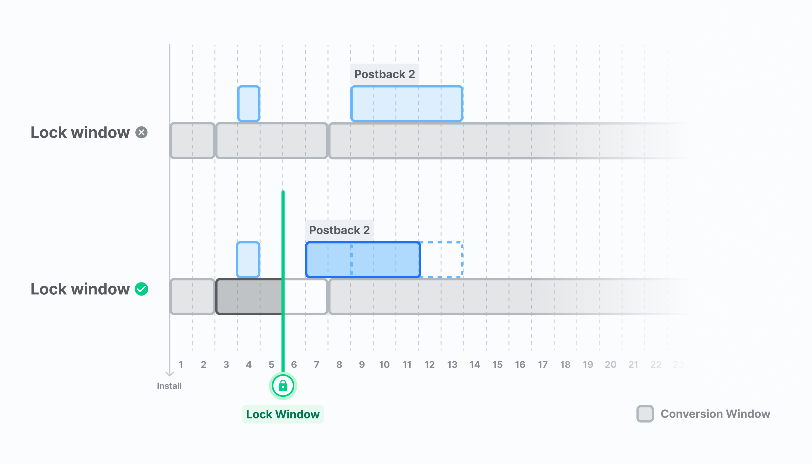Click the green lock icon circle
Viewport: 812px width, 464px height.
click(x=283, y=386)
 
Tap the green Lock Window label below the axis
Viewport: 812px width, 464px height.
click(x=283, y=414)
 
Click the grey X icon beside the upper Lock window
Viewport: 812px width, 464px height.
click(x=142, y=132)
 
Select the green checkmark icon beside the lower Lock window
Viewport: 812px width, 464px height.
click(x=142, y=289)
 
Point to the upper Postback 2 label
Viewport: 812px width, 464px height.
click(x=384, y=74)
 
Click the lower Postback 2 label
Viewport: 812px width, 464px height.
click(x=339, y=230)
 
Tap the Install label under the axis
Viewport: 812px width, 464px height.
click(x=169, y=386)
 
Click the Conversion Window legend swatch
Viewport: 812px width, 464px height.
click(x=645, y=414)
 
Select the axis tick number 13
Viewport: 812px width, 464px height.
click(x=452, y=365)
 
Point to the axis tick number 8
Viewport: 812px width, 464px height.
click(x=339, y=365)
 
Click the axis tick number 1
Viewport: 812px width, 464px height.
click(x=181, y=365)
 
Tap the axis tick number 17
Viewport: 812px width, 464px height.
click(x=543, y=365)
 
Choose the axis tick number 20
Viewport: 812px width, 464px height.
click(x=610, y=365)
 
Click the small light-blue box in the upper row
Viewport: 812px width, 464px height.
click(x=249, y=104)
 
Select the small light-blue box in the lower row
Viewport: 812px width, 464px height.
click(x=248, y=260)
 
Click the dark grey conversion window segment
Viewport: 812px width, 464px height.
click(x=249, y=297)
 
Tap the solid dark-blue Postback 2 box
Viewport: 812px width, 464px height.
click(x=363, y=260)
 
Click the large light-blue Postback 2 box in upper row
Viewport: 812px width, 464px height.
click(x=407, y=104)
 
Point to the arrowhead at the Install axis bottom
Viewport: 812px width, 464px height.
click(x=170, y=375)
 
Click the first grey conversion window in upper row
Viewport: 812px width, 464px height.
click(x=192, y=141)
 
